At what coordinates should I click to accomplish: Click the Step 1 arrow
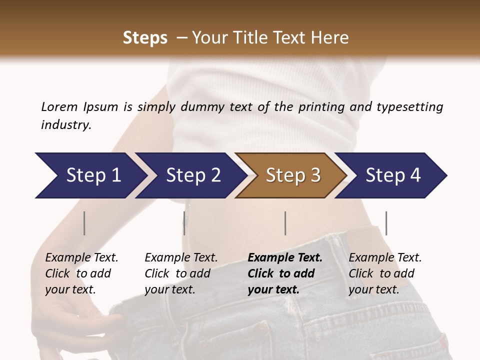coord(90,175)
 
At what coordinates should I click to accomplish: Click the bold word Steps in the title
coord(145,38)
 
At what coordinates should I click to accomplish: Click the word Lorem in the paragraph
coord(59,107)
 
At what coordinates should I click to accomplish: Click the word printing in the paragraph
coord(320,107)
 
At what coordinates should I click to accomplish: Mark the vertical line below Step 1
coord(84,223)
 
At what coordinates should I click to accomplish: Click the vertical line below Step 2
coord(184,223)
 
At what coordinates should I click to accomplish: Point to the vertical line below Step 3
coord(285,223)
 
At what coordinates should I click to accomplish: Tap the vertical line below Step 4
coord(386,223)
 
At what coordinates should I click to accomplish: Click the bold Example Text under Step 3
coord(285,258)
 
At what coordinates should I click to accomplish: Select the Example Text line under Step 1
coord(81,258)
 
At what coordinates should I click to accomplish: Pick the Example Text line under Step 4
coord(385,258)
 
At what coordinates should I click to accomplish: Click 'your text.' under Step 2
coord(170,289)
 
